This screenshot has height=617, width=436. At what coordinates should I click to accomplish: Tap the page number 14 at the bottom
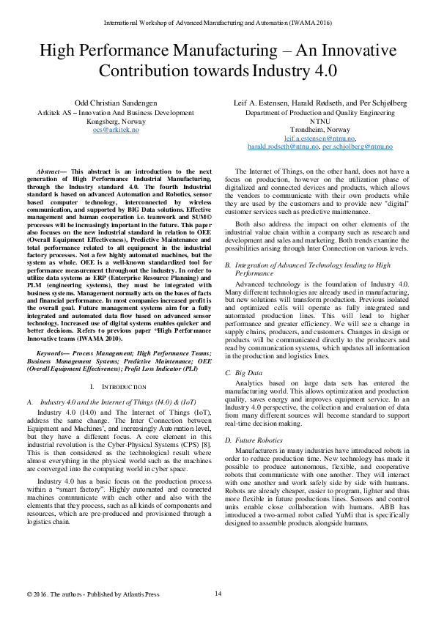point(218,593)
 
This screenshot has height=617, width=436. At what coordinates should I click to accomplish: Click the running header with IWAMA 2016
point(218,23)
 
